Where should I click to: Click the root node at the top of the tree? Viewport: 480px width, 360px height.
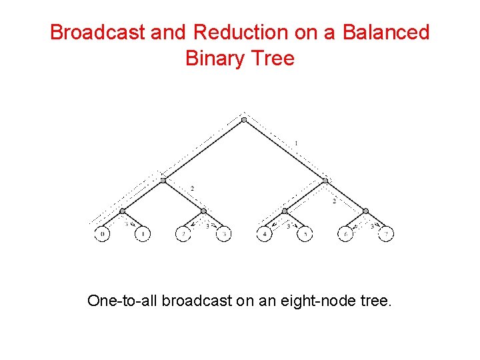click(244, 120)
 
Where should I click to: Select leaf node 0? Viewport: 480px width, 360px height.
click(102, 235)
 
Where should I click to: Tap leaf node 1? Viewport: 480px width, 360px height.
click(142, 235)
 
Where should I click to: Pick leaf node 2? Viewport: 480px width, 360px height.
click(183, 235)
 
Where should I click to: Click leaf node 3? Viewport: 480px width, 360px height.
click(223, 235)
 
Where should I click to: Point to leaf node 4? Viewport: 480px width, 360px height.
click(265, 235)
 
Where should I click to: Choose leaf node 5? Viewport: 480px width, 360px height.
click(305, 235)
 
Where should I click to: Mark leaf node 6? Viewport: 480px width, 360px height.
click(345, 235)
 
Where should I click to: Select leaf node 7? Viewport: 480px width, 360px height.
click(386, 235)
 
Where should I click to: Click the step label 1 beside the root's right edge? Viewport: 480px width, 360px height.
click(295, 143)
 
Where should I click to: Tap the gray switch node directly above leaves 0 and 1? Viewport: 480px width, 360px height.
click(122, 211)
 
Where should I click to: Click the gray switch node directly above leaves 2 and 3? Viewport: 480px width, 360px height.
click(203, 211)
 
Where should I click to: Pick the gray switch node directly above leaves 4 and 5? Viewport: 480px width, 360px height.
click(285, 211)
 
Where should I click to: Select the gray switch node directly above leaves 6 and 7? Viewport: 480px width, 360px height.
click(365, 211)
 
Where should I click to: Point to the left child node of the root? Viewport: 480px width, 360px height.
click(163, 179)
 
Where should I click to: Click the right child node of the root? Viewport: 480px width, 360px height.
click(325, 179)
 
